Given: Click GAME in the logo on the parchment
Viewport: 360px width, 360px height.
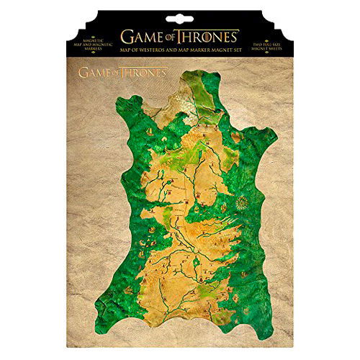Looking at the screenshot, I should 94,73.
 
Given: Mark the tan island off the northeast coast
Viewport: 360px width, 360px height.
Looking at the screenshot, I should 235,137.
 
